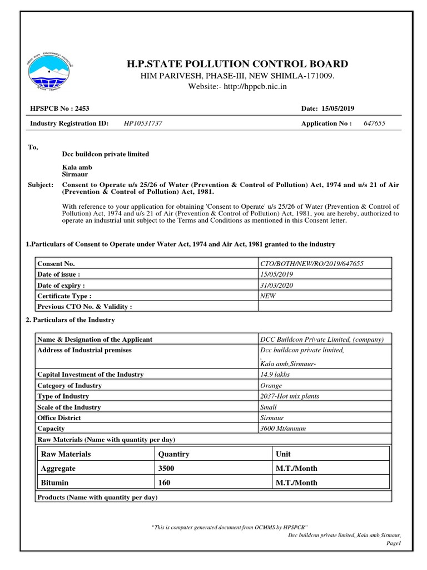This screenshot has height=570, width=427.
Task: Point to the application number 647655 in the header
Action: (374, 124)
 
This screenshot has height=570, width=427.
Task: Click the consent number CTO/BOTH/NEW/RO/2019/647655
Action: (312, 264)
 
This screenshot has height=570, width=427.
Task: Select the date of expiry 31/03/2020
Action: (276, 285)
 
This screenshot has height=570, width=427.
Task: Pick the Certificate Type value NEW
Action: (268, 296)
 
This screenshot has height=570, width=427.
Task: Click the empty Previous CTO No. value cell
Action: (325, 307)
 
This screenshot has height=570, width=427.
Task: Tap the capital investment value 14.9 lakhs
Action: (275, 375)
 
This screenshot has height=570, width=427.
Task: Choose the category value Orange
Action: (271, 385)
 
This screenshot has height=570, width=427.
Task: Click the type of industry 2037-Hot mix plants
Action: (290, 396)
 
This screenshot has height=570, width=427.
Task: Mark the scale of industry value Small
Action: (269, 407)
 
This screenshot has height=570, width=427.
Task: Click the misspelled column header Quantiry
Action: (173, 454)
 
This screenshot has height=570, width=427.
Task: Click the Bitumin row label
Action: (55, 483)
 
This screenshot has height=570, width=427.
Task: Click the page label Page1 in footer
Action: (393, 543)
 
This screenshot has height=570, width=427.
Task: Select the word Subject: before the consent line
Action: (41, 185)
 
